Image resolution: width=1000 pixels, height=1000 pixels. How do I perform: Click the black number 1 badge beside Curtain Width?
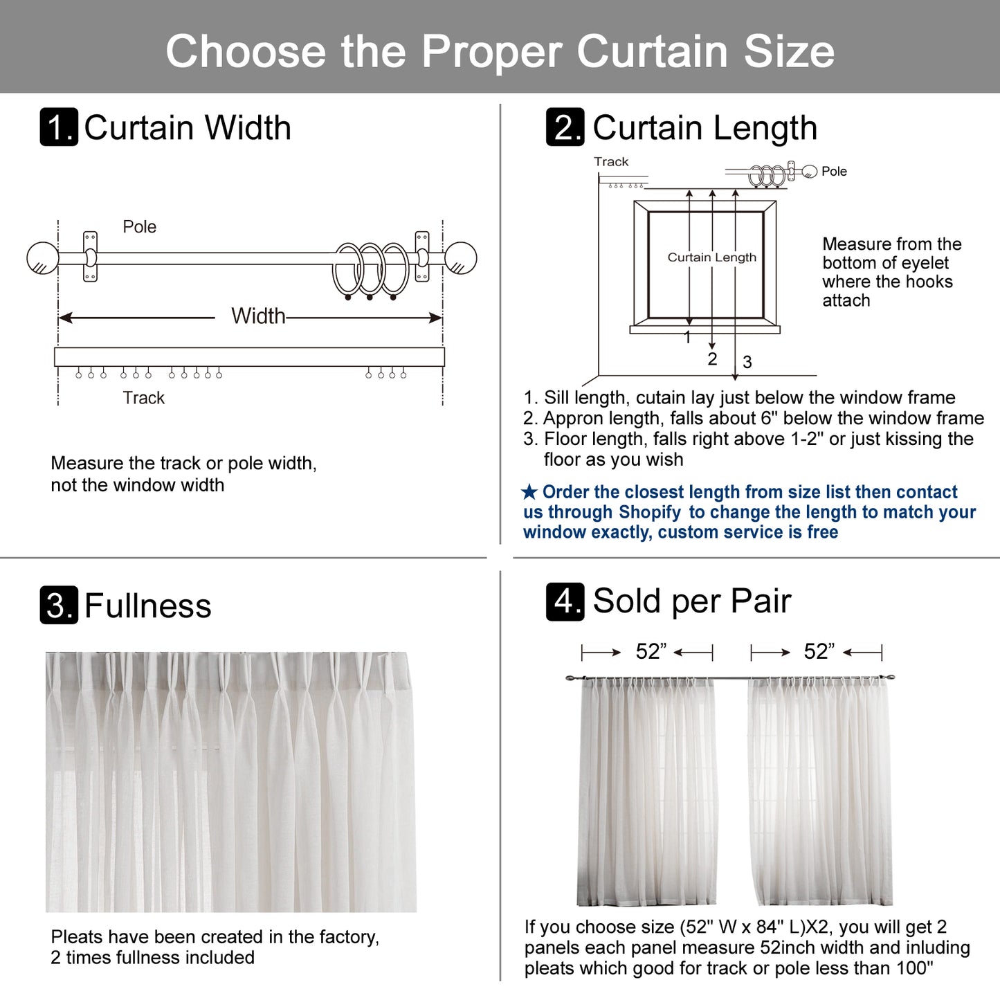(59, 127)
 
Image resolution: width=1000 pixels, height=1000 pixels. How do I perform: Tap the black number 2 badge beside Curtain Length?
(565, 127)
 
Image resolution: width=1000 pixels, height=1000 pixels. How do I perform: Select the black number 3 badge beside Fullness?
(59, 606)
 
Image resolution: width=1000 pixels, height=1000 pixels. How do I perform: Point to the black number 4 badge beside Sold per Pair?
(565, 601)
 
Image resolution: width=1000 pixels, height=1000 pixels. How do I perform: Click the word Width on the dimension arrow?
(258, 316)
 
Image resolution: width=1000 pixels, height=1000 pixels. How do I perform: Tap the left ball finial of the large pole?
(42, 258)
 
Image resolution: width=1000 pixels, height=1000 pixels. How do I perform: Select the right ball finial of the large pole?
(460, 258)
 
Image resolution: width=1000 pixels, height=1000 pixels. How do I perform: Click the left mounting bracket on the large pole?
(90, 257)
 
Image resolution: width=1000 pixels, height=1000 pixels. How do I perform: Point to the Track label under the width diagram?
(143, 398)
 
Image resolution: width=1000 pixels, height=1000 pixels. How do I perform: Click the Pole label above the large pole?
(139, 227)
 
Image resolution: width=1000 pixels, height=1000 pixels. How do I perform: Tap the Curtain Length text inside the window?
(711, 257)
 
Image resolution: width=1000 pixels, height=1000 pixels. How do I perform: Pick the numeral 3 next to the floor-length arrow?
(747, 362)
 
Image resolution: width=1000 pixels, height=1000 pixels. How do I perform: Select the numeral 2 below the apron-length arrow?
(712, 358)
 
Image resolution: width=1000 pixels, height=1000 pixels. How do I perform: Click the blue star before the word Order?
(529, 493)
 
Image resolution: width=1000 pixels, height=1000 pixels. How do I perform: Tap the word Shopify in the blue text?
(650, 512)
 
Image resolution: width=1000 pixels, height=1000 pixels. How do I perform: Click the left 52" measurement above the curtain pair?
(651, 651)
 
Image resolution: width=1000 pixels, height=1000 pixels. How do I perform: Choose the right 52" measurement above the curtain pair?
(819, 651)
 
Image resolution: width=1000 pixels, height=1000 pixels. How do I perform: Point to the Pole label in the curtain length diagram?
(834, 172)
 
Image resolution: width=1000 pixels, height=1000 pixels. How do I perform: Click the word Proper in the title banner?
(493, 51)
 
